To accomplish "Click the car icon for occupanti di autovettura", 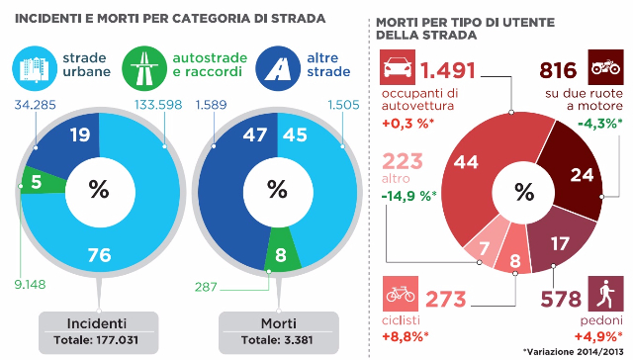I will [x=397, y=71].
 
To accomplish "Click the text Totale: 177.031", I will [x=97, y=342].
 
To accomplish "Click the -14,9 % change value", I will [x=408, y=195].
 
